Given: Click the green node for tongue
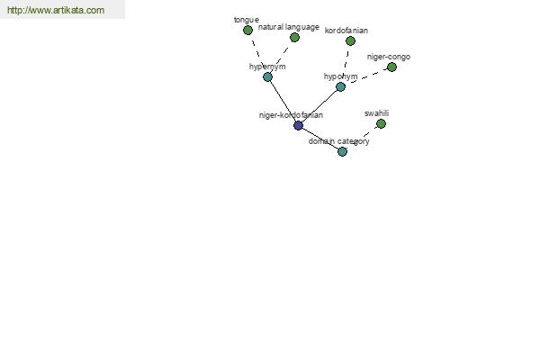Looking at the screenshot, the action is [x=247, y=31].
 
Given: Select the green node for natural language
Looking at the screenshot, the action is [x=294, y=38].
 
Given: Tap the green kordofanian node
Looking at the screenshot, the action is [x=350, y=41].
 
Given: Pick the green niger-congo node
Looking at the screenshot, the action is [x=391, y=67].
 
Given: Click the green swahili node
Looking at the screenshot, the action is [x=381, y=123].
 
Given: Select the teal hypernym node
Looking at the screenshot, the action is [x=267, y=76].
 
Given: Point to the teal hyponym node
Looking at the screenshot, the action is [x=340, y=86].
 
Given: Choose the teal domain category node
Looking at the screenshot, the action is [x=342, y=151].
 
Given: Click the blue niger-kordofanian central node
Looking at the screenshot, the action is [x=298, y=125].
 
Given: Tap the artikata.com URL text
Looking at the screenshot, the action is [x=56, y=10].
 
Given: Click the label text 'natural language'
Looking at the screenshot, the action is [x=289, y=27].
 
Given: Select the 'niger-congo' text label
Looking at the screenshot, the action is [x=389, y=57].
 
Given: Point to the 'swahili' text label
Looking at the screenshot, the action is [x=376, y=113].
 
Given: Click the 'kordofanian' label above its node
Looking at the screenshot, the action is [x=346, y=31].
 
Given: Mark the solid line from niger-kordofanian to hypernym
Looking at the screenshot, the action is [x=283, y=101].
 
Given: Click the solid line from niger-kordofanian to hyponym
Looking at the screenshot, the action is [x=319, y=106].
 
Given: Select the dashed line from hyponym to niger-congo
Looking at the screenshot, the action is [x=366, y=77].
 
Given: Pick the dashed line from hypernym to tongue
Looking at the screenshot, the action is [x=257, y=53].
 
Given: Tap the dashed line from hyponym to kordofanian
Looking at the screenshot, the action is [x=346, y=64].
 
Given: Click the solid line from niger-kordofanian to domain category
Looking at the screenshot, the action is [x=320, y=139].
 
